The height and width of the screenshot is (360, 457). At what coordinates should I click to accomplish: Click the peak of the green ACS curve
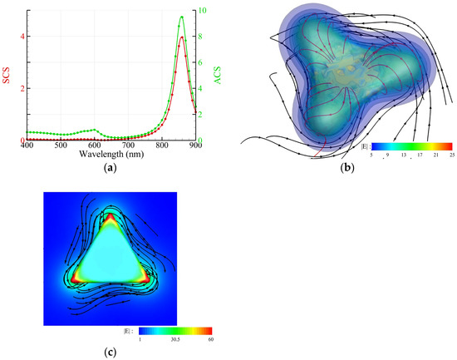click(x=181, y=17)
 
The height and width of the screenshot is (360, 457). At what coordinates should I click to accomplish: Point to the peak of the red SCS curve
click(x=181, y=37)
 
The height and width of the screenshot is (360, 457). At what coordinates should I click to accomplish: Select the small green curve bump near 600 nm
click(x=95, y=130)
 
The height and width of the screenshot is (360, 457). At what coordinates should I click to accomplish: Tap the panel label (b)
click(x=343, y=169)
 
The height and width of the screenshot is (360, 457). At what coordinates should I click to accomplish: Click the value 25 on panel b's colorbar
click(x=449, y=154)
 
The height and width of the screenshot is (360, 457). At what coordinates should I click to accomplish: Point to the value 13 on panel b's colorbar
click(x=402, y=154)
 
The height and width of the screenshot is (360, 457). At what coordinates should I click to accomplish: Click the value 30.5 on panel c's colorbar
click(x=176, y=340)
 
